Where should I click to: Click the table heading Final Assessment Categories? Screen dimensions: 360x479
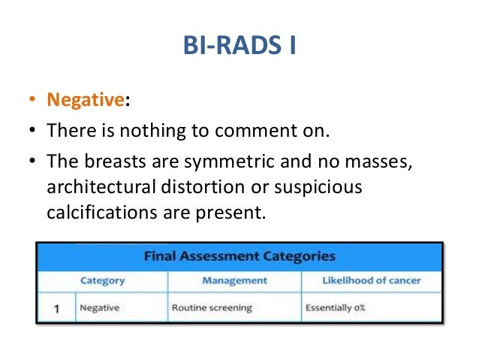coord(239,256)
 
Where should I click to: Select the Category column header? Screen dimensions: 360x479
coord(102,280)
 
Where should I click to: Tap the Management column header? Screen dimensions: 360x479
coord(234,280)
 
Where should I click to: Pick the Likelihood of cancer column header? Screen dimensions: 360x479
coord(371,280)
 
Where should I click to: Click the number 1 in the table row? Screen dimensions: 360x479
coord(56,308)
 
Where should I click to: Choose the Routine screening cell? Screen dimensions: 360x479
coord(212,308)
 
